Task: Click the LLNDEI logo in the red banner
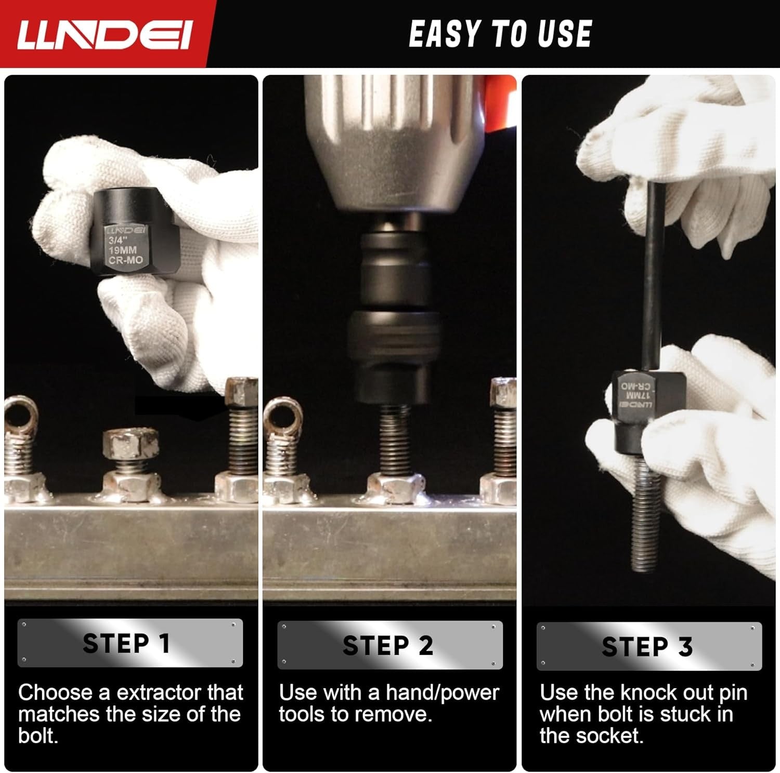[x=104, y=35]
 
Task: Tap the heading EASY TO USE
[x=500, y=34]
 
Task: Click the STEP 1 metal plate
[x=130, y=643]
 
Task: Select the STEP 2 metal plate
[x=390, y=645]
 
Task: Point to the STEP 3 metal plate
[x=649, y=646]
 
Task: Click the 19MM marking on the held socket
[x=122, y=250]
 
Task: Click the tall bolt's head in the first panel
[x=242, y=392]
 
